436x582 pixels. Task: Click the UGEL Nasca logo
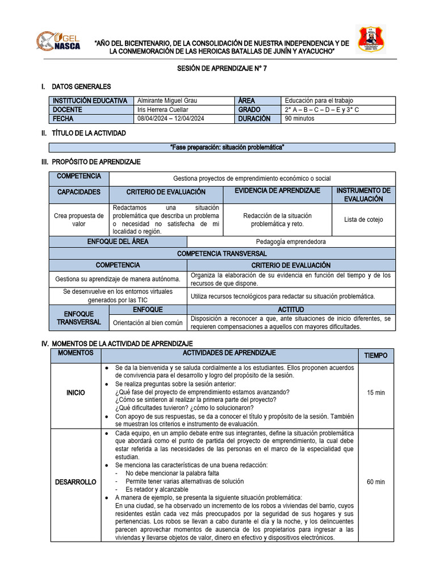pyautogui.click(x=59, y=41)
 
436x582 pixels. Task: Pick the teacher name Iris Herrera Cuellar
pyautogui.click(x=163, y=110)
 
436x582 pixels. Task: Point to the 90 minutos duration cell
pyautogui.click(x=300, y=119)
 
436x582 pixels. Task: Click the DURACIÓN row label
pyautogui.click(x=258, y=119)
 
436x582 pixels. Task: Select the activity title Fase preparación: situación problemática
pyautogui.click(x=227, y=148)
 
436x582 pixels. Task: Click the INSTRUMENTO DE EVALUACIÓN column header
pyautogui.click(x=363, y=195)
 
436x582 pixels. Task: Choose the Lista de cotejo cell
pyautogui.click(x=363, y=219)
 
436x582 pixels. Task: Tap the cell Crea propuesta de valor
pyautogui.click(x=79, y=219)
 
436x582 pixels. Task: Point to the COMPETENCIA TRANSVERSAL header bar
pyautogui.click(x=222, y=253)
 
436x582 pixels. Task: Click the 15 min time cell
pyautogui.click(x=375, y=393)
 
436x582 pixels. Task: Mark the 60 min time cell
pyautogui.click(x=375, y=481)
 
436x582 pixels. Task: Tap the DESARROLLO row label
pyautogui.click(x=76, y=481)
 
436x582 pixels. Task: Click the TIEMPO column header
pyautogui.click(x=375, y=355)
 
